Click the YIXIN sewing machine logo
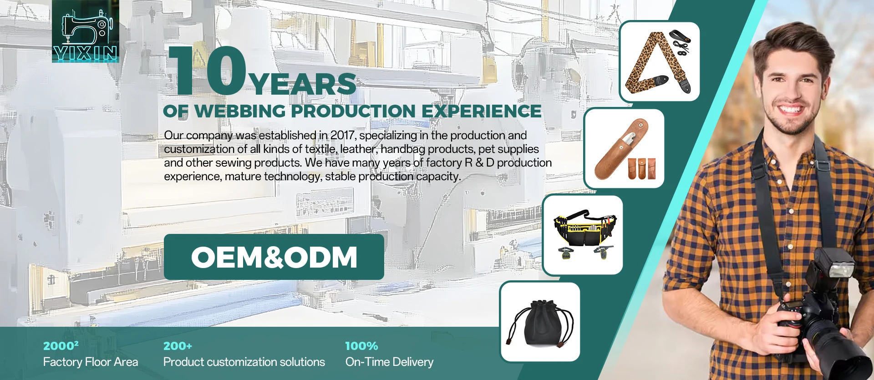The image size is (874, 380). click(86, 31)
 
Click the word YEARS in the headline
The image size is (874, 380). click(303, 84)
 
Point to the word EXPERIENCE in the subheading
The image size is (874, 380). click(482, 111)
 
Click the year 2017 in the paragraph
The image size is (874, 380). click(343, 135)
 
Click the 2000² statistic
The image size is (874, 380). click(61, 345)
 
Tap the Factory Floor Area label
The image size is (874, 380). click(91, 362)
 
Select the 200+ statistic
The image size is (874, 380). click(178, 346)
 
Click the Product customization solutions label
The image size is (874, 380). click(244, 362)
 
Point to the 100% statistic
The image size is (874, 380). click(361, 346)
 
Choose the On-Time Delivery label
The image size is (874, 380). click(389, 362)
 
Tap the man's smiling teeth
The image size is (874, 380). click(790, 109)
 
